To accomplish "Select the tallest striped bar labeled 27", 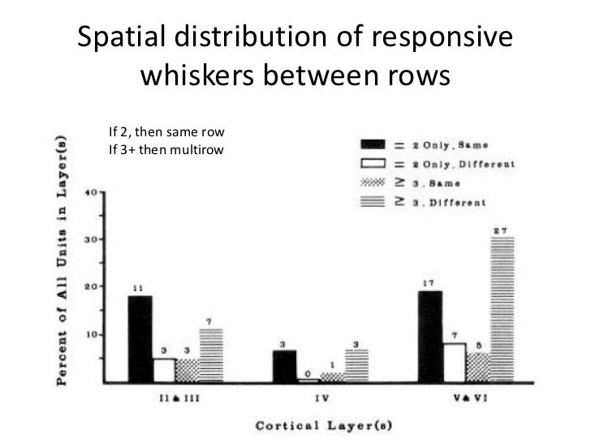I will [503, 309].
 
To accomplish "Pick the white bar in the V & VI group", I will [454, 362].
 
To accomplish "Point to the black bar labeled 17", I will [429, 336].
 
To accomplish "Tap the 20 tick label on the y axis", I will [91, 286].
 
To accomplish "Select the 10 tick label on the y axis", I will [91, 334].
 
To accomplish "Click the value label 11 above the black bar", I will [139, 286].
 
